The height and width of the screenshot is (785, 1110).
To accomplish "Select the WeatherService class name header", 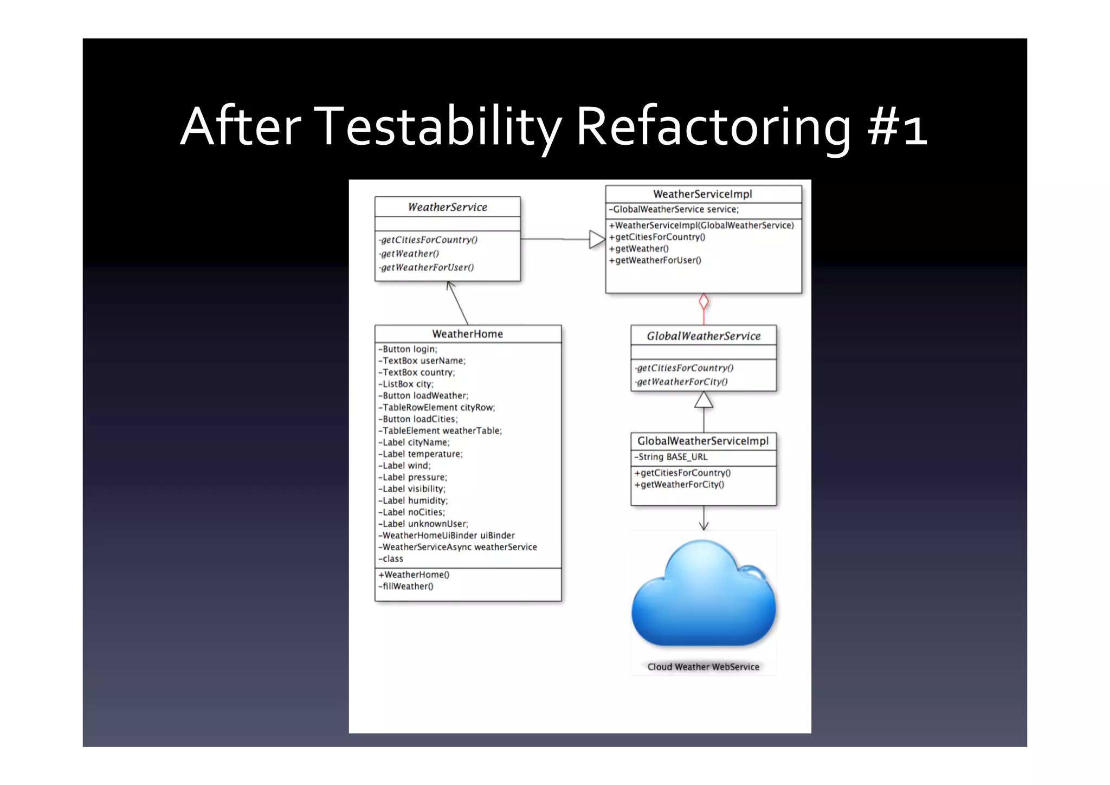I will (447, 207).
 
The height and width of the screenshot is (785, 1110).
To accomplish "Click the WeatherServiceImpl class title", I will (702, 194).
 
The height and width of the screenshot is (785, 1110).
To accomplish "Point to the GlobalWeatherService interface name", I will (704, 336).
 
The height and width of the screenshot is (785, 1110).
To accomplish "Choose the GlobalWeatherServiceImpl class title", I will (703, 441).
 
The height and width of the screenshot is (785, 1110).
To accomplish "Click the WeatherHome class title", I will (467, 334).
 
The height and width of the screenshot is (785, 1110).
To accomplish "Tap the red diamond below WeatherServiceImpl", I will (704, 301).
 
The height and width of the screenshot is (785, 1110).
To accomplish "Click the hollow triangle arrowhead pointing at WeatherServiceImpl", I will (596, 239).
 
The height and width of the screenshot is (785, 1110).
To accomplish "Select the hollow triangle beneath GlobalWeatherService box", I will (704, 400).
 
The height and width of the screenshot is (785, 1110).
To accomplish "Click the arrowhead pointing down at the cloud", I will (704, 525).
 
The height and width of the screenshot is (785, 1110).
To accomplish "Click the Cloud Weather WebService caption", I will (703, 667).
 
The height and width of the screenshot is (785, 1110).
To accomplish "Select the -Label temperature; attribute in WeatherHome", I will (421, 454).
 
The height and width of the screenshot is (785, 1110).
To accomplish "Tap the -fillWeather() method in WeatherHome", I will (406, 587).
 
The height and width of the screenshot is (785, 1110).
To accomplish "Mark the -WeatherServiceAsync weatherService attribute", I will (458, 548).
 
